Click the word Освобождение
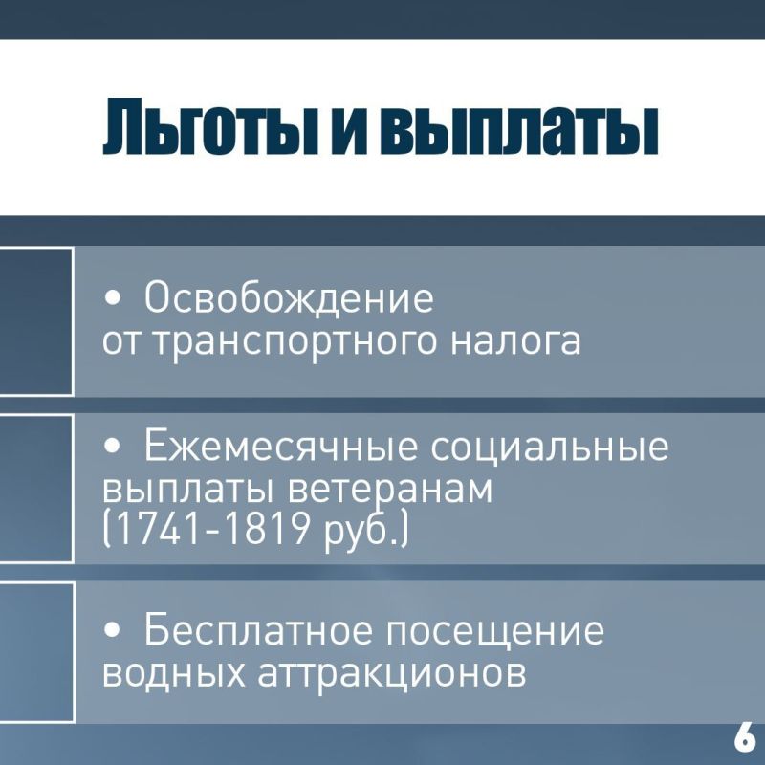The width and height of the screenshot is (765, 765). pos(289,297)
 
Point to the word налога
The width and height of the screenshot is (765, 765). pos(516,340)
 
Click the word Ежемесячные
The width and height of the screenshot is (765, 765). pos(281,446)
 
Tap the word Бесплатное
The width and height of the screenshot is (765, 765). pos(257,630)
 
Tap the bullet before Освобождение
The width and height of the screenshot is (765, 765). pos(112,298)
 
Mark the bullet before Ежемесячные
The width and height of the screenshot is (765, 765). pos(112,447)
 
